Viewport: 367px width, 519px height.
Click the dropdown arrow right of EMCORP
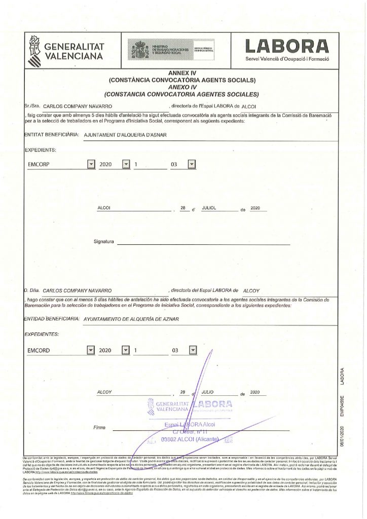coord(91,164)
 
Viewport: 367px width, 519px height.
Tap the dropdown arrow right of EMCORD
coord(91,350)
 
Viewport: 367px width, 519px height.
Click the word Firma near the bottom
coord(100,428)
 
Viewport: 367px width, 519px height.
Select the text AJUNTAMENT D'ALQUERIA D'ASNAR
coord(125,135)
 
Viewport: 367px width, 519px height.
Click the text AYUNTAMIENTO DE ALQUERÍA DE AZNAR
coord(128,319)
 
